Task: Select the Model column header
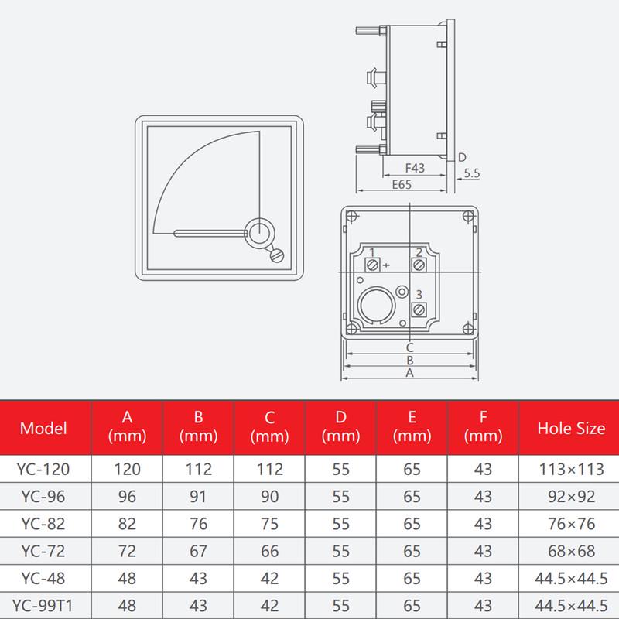(43, 428)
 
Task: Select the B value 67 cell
(199, 550)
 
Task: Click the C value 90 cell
(270, 496)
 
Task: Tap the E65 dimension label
(401, 185)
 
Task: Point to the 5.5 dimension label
(472, 175)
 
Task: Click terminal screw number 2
(419, 265)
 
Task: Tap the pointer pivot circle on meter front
(259, 231)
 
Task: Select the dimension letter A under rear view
(410, 372)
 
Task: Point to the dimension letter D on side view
(462, 157)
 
